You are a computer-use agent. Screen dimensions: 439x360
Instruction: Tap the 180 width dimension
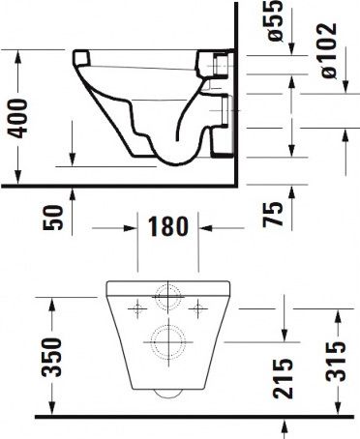pyautogui.click(x=166, y=230)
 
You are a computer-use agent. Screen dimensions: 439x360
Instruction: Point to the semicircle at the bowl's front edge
pyautogui.click(x=167, y=395)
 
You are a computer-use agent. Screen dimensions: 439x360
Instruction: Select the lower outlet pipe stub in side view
pyautogui.click(x=219, y=114)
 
